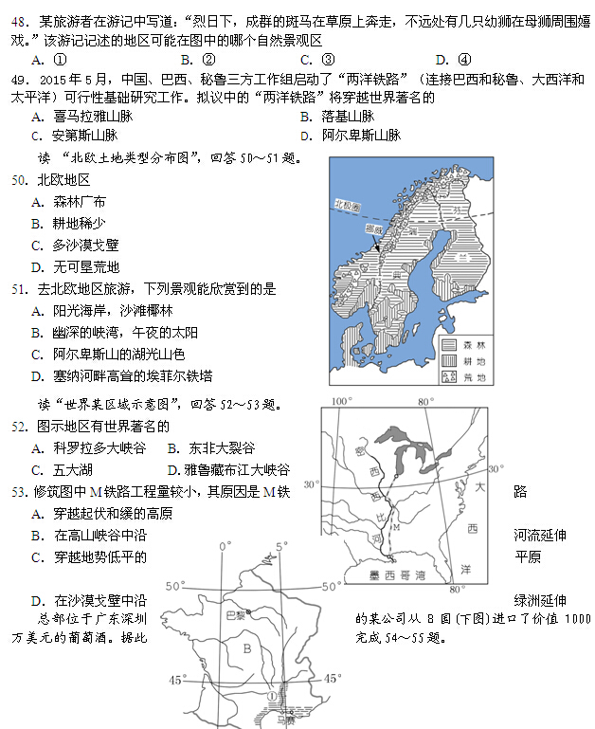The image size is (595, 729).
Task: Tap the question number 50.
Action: click(19, 180)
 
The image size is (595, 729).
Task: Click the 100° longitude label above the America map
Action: click(342, 402)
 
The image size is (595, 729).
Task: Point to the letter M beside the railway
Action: click(396, 527)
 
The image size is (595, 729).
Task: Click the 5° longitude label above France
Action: click(281, 547)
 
